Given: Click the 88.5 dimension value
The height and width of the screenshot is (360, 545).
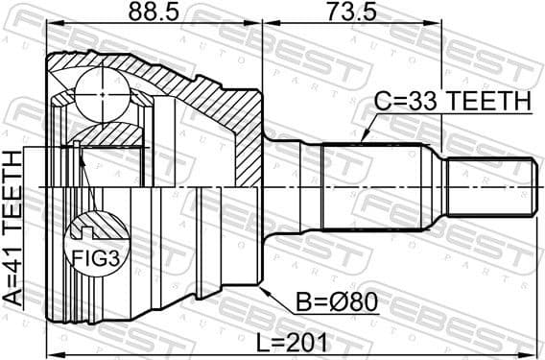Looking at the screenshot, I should pyautogui.click(x=153, y=14).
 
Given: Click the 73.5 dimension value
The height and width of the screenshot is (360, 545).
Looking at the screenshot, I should pyautogui.click(x=350, y=14).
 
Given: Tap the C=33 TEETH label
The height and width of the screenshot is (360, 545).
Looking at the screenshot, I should pyautogui.click(x=453, y=102).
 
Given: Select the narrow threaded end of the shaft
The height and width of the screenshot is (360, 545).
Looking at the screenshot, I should pyautogui.click(x=490, y=185).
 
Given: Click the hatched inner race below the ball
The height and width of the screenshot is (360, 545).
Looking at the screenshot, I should pyautogui.click(x=107, y=134).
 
